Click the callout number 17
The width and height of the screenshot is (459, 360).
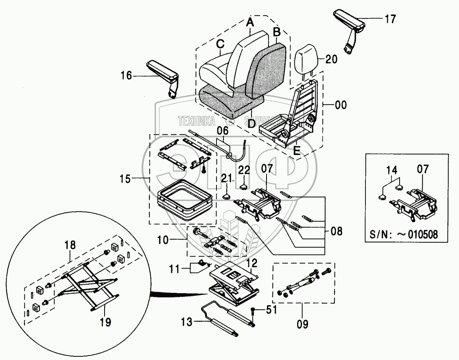pos(390,19)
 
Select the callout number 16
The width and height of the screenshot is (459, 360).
pos(127,76)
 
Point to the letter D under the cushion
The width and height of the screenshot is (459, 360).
pos(251,123)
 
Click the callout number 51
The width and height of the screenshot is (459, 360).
pos(271,310)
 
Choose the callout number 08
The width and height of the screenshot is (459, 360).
pos(337,231)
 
